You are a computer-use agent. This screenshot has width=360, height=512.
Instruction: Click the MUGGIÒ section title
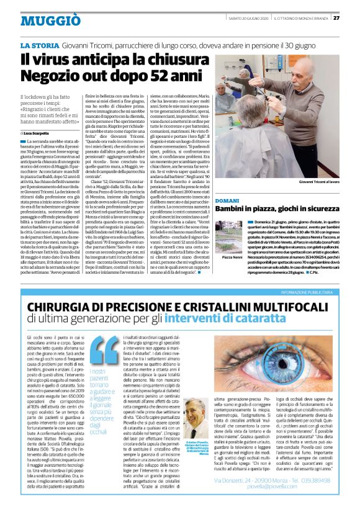[42, 20]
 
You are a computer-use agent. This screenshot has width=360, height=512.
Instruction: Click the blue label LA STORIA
[40, 46]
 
